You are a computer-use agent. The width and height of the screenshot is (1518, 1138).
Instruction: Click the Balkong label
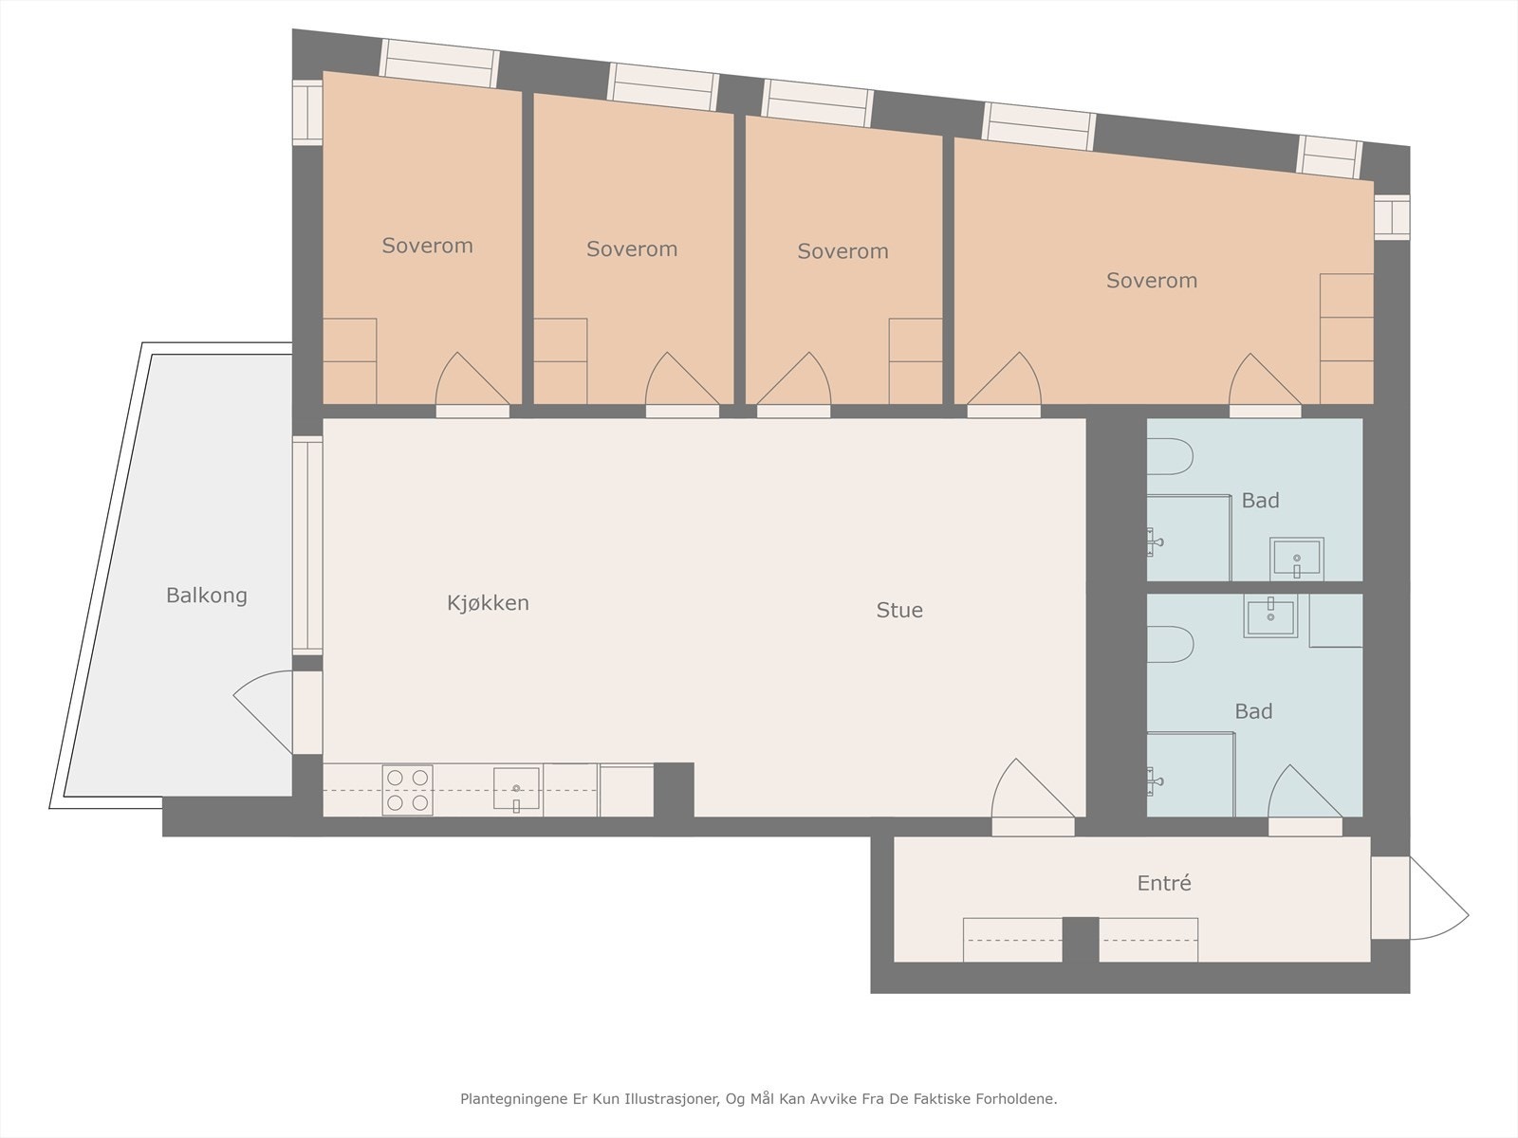click(x=206, y=596)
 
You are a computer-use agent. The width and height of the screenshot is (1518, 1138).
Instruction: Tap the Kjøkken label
click(x=488, y=603)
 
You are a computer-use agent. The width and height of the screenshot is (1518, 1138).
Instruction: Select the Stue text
click(x=898, y=610)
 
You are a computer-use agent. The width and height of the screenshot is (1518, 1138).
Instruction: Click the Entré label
click(x=1163, y=883)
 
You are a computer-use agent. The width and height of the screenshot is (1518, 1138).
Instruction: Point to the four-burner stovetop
click(x=408, y=790)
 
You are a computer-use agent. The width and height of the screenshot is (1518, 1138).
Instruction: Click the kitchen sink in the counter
click(x=516, y=789)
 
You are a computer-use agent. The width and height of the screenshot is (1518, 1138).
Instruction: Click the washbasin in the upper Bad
click(x=1296, y=559)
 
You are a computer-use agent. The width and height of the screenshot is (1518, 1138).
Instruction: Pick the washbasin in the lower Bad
click(x=1270, y=616)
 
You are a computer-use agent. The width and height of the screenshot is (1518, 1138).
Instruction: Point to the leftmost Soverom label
click(x=427, y=246)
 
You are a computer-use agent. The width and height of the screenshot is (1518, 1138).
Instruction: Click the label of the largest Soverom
click(x=1151, y=281)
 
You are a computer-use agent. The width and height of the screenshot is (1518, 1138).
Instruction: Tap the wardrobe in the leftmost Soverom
click(x=350, y=361)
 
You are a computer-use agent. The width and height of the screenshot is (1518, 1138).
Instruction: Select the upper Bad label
click(x=1260, y=501)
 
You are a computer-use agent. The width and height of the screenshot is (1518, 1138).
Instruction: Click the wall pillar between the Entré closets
click(x=1080, y=939)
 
